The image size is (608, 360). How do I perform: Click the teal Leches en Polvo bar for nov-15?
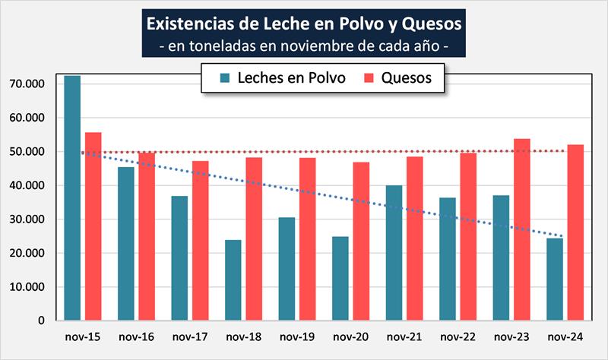tap(72, 198)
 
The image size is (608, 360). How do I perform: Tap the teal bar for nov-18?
tap(233, 280)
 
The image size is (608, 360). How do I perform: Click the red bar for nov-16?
tap(147, 236)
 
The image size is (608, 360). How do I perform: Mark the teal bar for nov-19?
tap(287, 269)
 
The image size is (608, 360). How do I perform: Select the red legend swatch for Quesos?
tap(369, 78)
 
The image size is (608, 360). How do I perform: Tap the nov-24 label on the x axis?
tap(565, 336)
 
